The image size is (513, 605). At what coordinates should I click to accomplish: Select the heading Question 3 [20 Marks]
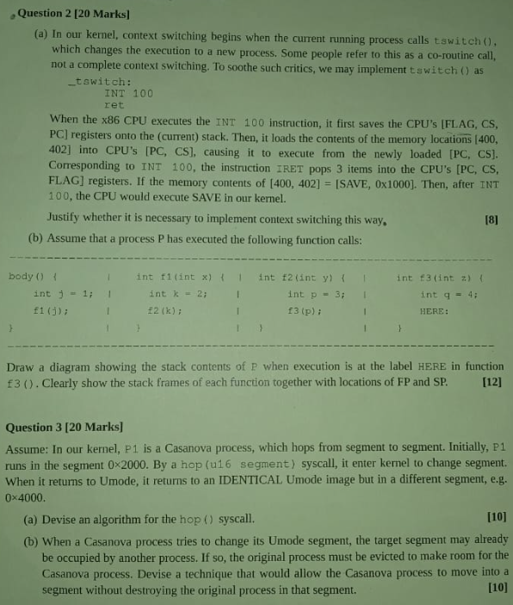click(64, 427)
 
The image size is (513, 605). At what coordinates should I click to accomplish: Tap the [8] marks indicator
click(491, 221)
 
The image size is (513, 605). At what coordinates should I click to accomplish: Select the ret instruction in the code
click(114, 104)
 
